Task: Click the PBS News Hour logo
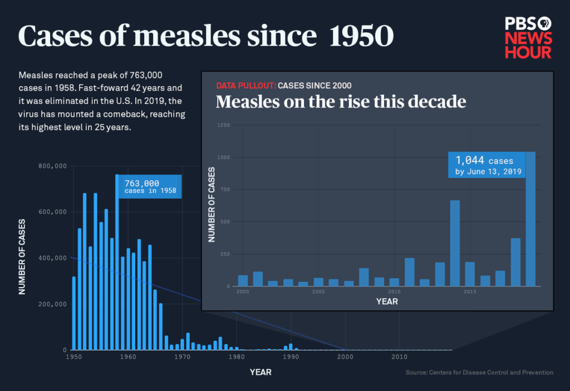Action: click(528, 37)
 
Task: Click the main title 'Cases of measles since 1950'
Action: click(205, 36)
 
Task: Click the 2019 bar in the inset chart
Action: click(530, 219)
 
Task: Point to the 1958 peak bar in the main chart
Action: click(117, 261)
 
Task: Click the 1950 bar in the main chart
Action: click(74, 313)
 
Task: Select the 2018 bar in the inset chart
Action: click(515, 262)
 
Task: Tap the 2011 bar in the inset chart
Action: click(409, 272)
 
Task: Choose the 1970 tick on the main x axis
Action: click(182, 357)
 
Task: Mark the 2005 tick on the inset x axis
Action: click(318, 291)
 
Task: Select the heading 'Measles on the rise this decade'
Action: click(341, 102)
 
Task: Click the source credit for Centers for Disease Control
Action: click(479, 372)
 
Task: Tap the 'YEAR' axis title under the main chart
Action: click(261, 372)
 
